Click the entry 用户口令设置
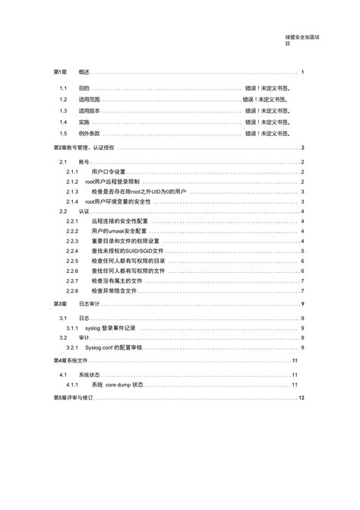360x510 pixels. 106,172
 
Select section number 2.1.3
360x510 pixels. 72,192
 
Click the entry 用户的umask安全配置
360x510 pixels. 121,231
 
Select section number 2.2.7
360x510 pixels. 72,280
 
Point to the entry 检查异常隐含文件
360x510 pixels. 113,290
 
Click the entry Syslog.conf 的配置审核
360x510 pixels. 115,347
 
